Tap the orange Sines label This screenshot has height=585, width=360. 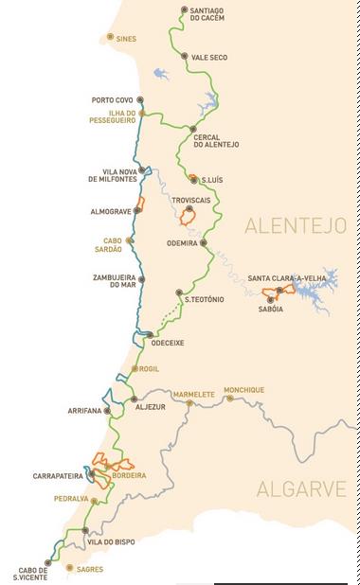click(125, 40)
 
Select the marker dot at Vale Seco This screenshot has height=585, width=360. click(184, 57)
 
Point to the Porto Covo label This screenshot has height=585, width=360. click(112, 99)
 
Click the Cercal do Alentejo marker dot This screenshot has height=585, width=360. click(192, 129)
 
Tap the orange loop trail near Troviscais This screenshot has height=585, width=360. click(189, 218)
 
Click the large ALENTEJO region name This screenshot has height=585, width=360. click(295, 225)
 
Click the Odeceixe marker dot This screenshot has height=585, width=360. click(149, 334)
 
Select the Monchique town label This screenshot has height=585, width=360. click(243, 390)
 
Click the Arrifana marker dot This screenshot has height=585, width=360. click(107, 411)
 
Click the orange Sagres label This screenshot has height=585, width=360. click(88, 569)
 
